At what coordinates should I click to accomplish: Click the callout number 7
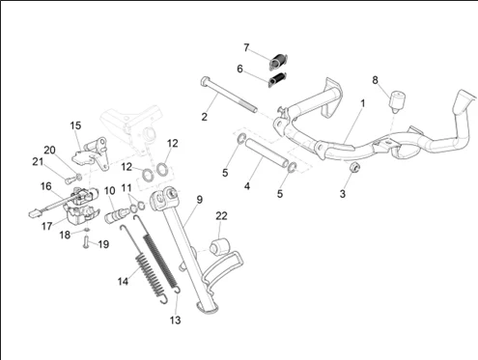tap(246, 47)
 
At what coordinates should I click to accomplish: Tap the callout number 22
tap(221, 216)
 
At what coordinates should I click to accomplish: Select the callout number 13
tap(176, 320)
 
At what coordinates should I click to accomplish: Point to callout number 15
tap(75, 125)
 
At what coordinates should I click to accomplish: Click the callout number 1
tap(363, 103)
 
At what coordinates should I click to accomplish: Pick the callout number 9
tap(200, 200)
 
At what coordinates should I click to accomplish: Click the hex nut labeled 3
tap(354, 167)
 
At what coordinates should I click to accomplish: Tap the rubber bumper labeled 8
tap(397, 102)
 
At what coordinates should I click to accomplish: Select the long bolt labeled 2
tap(229, 95)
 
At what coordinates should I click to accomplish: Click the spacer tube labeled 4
tap(267, 152)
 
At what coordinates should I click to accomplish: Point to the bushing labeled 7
tap(278, 62)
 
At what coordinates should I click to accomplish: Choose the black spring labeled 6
tap(277, 80)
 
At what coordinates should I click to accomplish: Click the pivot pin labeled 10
tap(117, 214)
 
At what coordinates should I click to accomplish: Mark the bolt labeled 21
tap(70, 180)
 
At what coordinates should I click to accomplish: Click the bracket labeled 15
tap(90, 153)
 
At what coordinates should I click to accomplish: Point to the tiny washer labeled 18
tap(86, 230)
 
